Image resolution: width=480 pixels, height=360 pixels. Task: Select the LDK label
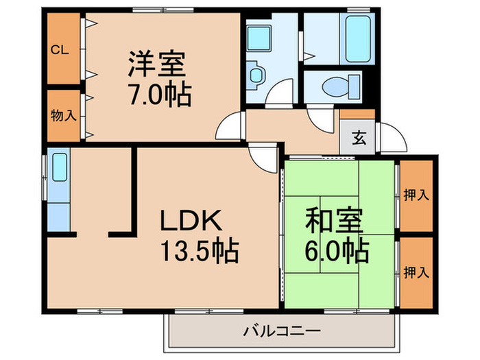click(x=190, y=221)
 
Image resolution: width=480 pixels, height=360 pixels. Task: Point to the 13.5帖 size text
click(x=199, y=252)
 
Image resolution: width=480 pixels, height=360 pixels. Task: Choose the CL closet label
click(x=60, y=49)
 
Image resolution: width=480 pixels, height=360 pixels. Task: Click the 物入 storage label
click(x=63, y=115)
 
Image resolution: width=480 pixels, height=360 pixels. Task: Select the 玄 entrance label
click(x=358, y=137)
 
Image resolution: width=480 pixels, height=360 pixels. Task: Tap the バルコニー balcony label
click(x=281, y=332)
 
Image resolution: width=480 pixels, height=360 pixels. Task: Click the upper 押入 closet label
click(x=417, y=195)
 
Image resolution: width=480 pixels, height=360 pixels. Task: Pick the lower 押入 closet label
click(x=417, y=273)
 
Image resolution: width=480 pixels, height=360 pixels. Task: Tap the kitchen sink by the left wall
click(x=59, y=169)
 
